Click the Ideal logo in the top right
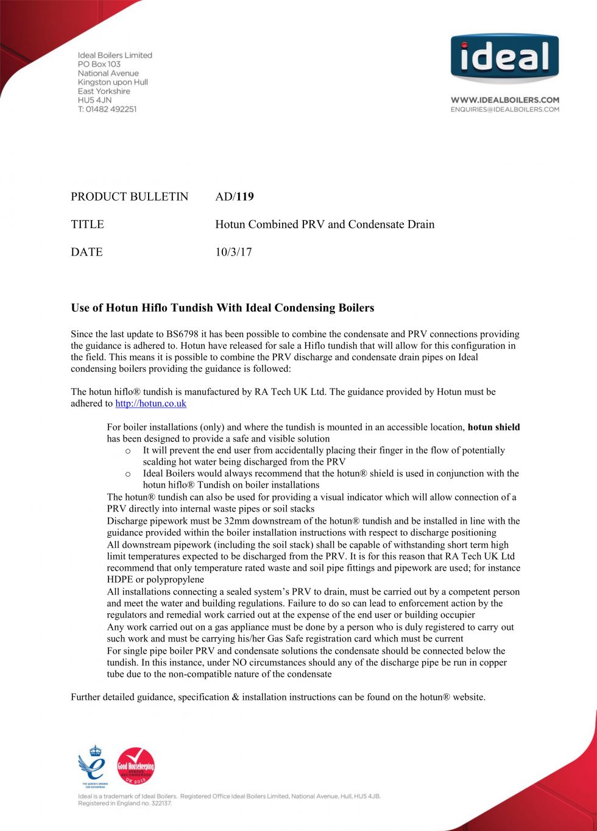coord(504,58)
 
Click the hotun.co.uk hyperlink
coord(150,404)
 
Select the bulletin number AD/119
coord(235,196)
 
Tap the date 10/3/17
coord(233,252)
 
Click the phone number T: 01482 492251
coord(107,109)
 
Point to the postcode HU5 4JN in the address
coord(94,100)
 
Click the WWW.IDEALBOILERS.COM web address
coord(504,100)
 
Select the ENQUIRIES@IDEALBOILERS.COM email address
coord(504,110)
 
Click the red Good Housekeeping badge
coord(135,766)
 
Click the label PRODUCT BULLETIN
coord(130,196)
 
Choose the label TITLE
coord(87,224)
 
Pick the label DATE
coord(87,252)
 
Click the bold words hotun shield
coord(493,427)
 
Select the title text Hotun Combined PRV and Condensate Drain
coord(325,224)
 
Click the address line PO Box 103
coord(99,64)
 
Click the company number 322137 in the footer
coord(161,804)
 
